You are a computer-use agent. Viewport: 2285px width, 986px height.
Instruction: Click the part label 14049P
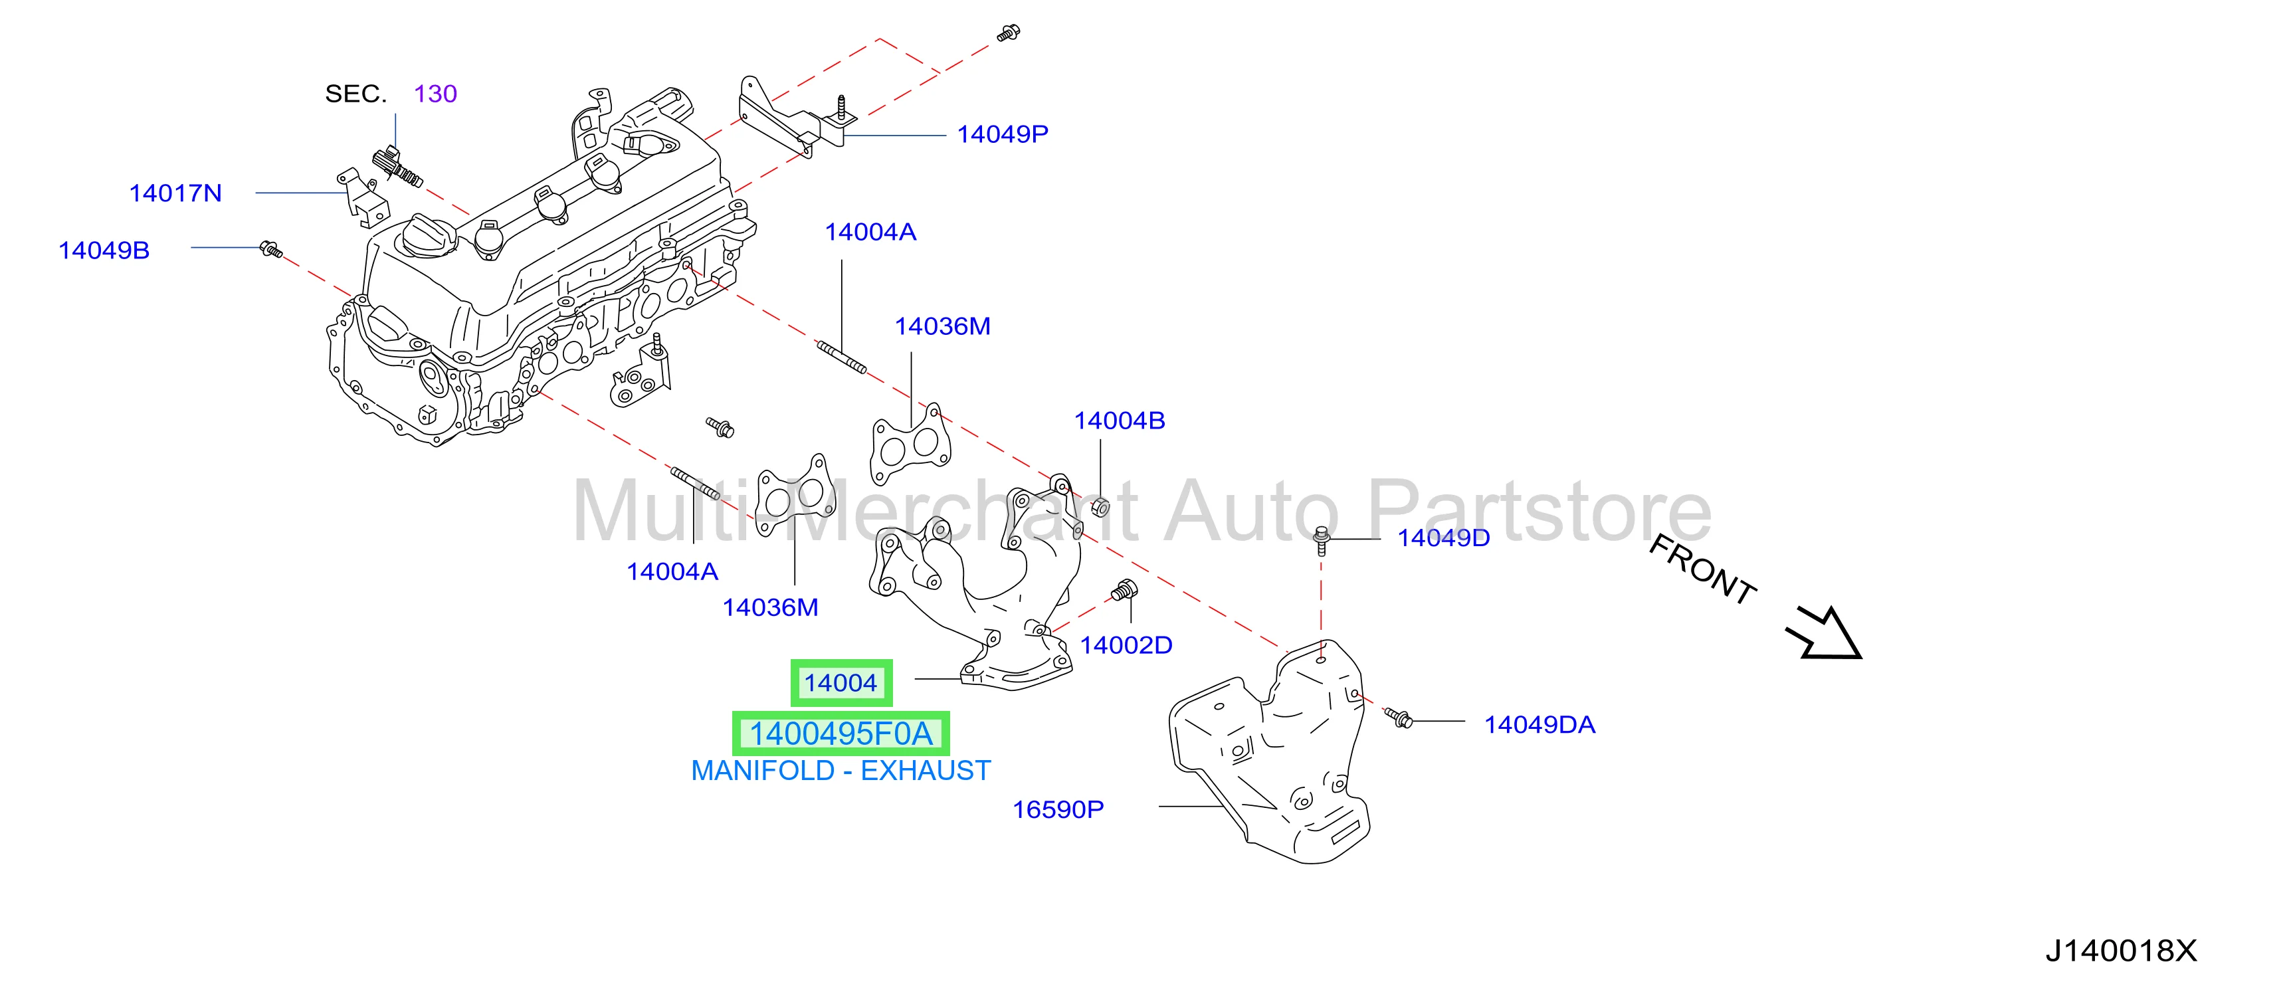click(1003, 134)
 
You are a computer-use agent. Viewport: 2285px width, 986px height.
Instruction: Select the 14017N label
click(175, 193)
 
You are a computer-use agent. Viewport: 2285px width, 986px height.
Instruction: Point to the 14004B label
click(1120, 421)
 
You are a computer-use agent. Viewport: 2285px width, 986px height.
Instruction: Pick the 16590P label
click(1058, 809)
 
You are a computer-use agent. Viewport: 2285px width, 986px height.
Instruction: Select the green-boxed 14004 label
click(841, 683)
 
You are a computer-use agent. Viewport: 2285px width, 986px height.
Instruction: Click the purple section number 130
click(435, 94)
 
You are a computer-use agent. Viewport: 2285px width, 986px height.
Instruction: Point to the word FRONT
click(1702, 570)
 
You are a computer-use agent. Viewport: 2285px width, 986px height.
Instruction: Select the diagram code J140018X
click(2121, 951)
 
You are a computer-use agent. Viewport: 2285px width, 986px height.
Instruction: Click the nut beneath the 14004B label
click(1100, 506)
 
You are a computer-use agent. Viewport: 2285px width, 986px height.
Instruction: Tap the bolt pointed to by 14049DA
click(1398, 718)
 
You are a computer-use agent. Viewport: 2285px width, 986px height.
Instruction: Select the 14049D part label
click(1444, 538)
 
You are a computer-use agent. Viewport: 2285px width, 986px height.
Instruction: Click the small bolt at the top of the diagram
click(1009, 34)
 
